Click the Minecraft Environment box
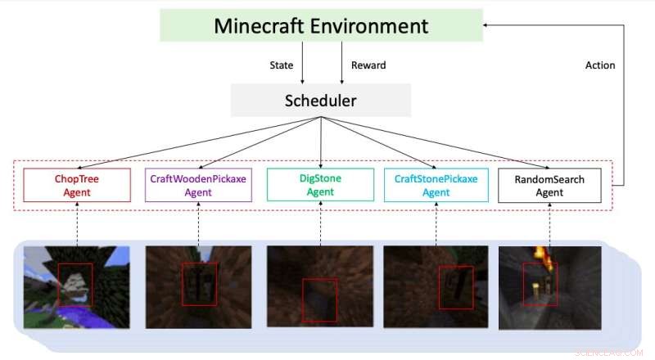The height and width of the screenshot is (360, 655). click(321, 25)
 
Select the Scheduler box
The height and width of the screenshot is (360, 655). click(320, 101)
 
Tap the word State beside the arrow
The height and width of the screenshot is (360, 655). click(282, 65)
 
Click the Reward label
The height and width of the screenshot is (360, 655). click(368, 65)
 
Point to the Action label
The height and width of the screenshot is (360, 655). click(599, 65)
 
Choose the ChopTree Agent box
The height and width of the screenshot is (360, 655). click(77, 185)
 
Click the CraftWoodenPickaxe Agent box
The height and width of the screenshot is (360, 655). click(198, 185)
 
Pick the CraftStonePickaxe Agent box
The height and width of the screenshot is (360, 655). click(436, 185)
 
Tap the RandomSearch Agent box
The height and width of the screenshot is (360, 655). click(549, 185)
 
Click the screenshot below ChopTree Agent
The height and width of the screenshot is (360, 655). click(76, 287)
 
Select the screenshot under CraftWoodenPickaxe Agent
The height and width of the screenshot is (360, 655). click(197, 287)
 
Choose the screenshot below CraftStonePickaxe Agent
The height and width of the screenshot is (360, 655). click(436, 287)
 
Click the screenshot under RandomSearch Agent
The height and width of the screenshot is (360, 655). click(549, 287)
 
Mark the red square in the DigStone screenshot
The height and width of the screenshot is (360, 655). click(318, 301)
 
